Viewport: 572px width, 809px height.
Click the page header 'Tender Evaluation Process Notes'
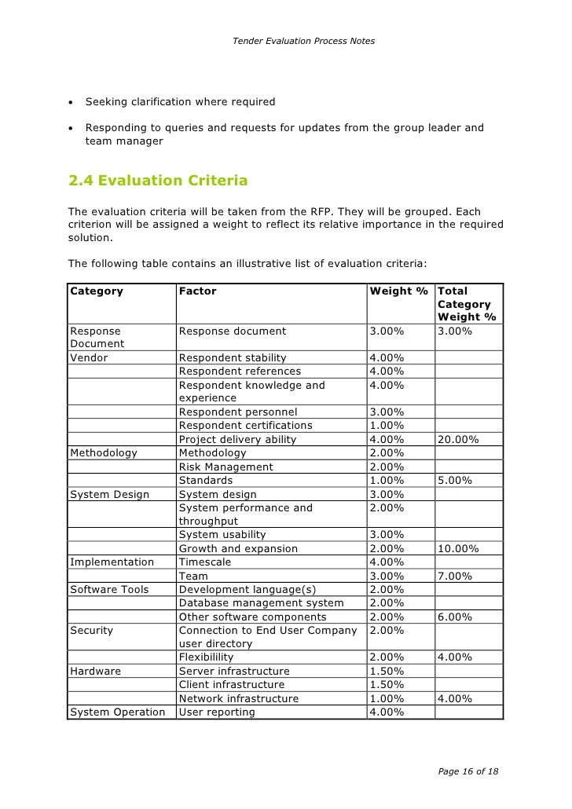point(303,40)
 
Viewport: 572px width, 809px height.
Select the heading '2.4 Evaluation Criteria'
point(158,181)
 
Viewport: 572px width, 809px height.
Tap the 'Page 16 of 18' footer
point(467,771)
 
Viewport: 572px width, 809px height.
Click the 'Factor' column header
point(198,291)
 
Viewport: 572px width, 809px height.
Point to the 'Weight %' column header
point(398,291)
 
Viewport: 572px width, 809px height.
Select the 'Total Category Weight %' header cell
point(467,304)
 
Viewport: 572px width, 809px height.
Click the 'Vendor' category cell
point(90,357)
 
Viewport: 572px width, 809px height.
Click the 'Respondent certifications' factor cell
point(245,425)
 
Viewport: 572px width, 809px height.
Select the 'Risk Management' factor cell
point(226,467)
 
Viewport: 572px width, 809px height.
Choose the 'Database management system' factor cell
point(261,602)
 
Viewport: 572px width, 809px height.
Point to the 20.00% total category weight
point(459,439)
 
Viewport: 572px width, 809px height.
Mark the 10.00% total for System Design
point(459,548)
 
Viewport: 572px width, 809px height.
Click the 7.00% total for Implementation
point(456,576)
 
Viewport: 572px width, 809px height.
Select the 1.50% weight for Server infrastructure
point(387,671)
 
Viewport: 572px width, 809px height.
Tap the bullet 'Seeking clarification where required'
point(180,101)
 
